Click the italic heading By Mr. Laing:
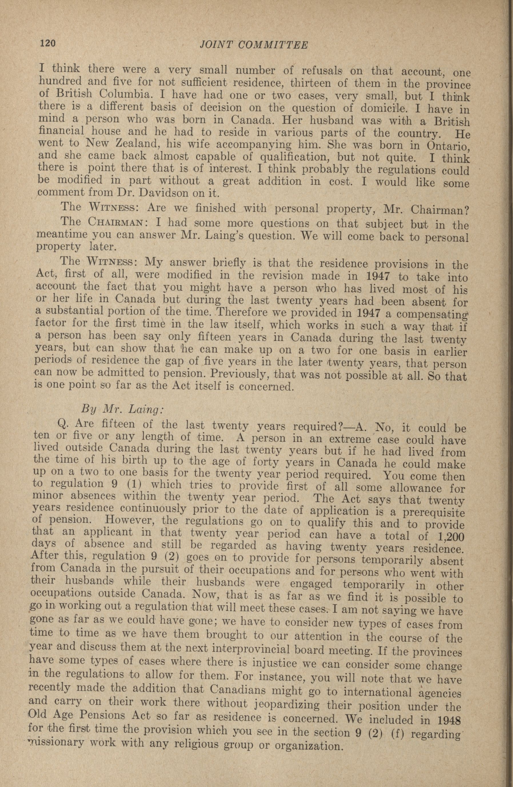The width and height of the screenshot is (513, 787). [122, 409]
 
